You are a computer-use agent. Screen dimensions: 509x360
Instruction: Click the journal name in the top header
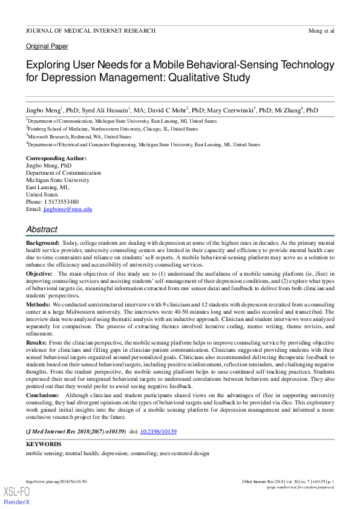tap(90, 30)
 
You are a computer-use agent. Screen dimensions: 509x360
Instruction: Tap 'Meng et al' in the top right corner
tap(321, 30)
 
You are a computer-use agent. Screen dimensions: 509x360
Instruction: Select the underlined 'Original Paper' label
tap(47, 47)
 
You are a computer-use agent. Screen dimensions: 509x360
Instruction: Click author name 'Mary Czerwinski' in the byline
tap(231, 111)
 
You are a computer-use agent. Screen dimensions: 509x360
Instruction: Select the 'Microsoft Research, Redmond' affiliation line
tap(79, 137)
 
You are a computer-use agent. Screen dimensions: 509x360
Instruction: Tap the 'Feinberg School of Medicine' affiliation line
tap(113, 129)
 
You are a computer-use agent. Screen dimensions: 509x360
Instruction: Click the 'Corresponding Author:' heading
tap(56, 158)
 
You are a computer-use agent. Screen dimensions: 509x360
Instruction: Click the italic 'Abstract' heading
tap(42, 230)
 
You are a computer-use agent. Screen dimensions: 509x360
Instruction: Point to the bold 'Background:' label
tap(42, 242)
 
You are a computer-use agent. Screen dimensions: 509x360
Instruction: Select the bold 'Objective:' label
tap(39, 273)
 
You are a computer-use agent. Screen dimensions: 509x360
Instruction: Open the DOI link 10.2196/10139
tap(158, 432)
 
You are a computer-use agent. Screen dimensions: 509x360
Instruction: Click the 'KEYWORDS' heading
tap(44, 444)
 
